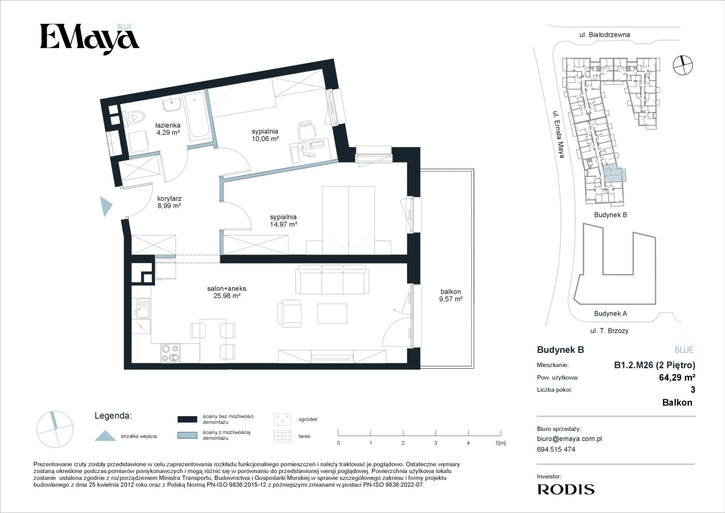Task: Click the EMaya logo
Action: tap(90, 39)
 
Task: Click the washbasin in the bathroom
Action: tap(172, 104)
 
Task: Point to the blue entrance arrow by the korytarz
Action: tap(106, 206)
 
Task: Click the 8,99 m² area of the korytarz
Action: tap(169, 206)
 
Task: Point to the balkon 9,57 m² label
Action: tap(451, 295)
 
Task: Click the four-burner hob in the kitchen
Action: tap(170, 352)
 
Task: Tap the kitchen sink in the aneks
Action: tap(142, 309)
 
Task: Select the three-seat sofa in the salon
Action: tap(332, 279)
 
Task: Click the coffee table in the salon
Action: tap(332, 313)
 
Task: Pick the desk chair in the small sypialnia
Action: tap(307, 131)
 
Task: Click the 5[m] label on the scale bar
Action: tap(500, 443)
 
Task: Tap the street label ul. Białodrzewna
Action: tap(604, 35)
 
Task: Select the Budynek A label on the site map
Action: tap(611, 313)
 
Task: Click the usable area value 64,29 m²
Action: tap(677, 377)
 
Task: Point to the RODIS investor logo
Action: tap(566, 489)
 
